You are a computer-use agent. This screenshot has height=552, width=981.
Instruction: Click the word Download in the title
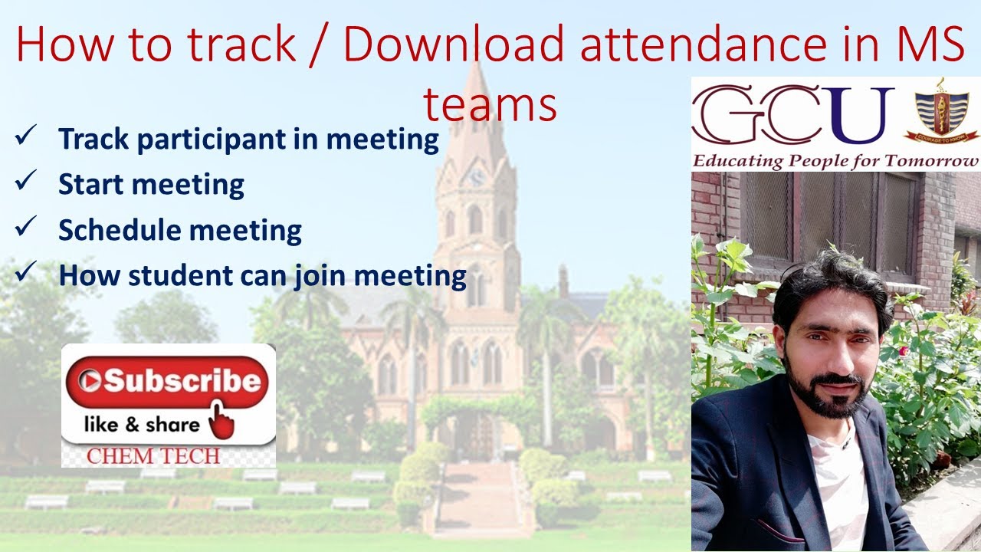click(x=454, y=44)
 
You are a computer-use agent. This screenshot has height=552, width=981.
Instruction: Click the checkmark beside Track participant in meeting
click(x=24, y=137)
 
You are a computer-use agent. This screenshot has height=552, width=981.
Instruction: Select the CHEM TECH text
click(x=153, y=455)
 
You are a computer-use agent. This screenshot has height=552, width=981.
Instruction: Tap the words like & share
click(x=141, y=424)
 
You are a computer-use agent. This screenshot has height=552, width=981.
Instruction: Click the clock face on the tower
click(x=476, y=177)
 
